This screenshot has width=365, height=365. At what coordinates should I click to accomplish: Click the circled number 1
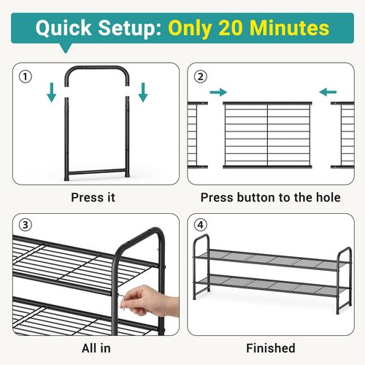click(26, 77)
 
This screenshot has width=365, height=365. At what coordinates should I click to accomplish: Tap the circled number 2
click(200, 77)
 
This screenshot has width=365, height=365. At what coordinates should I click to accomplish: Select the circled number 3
click(26, 225)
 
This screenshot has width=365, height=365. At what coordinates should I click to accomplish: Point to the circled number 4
click(200, 225)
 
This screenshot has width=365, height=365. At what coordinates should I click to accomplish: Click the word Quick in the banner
click(64, 28)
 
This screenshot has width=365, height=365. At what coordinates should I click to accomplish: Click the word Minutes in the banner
click(289, 28)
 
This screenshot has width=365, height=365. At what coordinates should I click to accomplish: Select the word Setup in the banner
click(130, 28)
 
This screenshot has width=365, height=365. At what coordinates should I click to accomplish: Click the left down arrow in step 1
click(52, 93)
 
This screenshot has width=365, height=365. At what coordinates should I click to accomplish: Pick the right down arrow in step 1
click(143, 93)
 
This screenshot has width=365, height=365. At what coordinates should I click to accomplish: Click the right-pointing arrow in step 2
click(218, 92)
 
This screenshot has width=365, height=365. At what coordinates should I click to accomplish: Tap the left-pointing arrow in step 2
click(328, 92)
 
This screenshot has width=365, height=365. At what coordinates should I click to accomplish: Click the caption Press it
click(93, 197)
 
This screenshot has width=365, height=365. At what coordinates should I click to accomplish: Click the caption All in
click(96, 348)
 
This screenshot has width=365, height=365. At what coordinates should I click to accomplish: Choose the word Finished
click(271, 348)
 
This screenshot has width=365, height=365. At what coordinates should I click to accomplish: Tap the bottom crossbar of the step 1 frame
click(97, 172)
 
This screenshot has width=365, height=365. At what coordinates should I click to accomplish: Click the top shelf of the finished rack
click(272, 260)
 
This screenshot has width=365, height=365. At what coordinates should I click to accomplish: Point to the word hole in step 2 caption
click(328, 197)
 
